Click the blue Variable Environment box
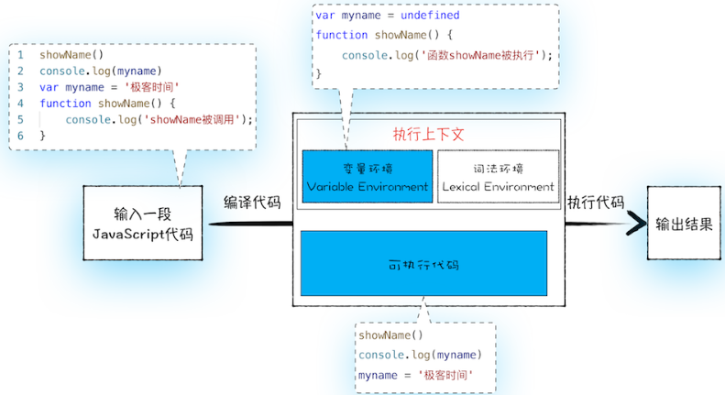coord(367,177)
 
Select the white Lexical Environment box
coord(498,177)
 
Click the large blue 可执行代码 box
coord(423,264)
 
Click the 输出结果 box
coord(683,223)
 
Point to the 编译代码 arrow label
coord(252,203)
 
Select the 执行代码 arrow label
coord(595,203)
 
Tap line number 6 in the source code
coord(19,136)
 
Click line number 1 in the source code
coord(19,54)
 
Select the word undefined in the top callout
coord(429,16)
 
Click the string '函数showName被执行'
coord(471,55)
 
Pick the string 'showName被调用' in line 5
coord(195,119)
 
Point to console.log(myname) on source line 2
coord(100,71)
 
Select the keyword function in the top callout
coord(341,35)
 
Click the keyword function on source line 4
coord(65,103)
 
